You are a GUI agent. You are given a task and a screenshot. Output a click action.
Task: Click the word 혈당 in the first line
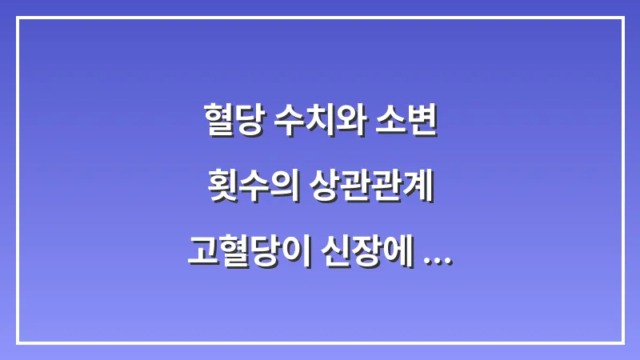tap(232, 120)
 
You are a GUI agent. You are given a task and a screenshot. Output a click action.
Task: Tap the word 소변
tap(407, 120)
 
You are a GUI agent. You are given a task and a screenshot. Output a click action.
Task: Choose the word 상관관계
tap(374, 186)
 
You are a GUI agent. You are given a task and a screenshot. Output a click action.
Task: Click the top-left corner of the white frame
tap(18, 18)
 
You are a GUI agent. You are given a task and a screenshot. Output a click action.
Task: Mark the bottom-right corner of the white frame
tap(622, 342)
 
